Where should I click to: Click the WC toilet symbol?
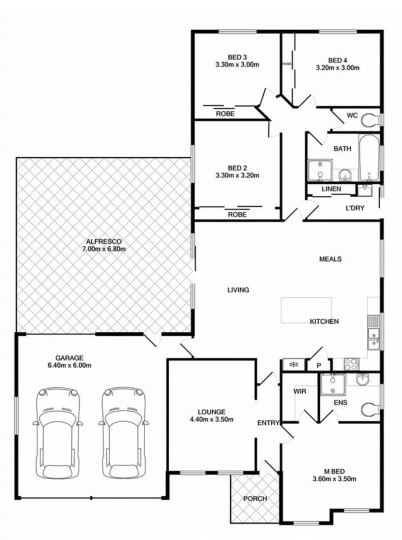pyautogui.click(x=370, y=120)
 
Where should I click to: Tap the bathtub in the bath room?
pyautogui.click(x=368, y=157)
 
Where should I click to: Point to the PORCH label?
pyautogui.click(x=254, y=498)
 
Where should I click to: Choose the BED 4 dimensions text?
pyautogui.click(x=337, y=67)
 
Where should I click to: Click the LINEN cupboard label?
pyautogui.click(x=331, y=189)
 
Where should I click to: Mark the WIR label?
pyautogui.click(x=299, y=391)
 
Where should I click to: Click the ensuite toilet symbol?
pyautogui.click(x=369, y=408)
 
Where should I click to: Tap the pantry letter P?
pyautogui.click(x=318, y=365)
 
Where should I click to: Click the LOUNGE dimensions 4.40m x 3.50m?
pyautogui.click(x=211, y=419)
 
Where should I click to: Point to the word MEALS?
pyautogui.click(x=330, y=259)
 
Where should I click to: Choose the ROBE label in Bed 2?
pyautogui.click(x=237, y=214)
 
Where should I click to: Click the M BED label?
pyautogui.click(x=332, y=470)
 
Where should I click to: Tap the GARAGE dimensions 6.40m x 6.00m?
pyautogui.click(x=69, y=365)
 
